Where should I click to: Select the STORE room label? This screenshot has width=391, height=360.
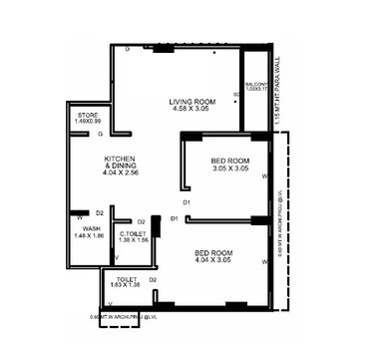(88, 116)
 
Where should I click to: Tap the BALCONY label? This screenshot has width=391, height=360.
(256, 86)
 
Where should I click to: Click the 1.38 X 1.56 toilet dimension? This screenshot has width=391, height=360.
(134, 240)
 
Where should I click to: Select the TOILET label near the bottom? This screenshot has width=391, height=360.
(126, 279)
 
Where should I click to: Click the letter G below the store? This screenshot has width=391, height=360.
(100, 133)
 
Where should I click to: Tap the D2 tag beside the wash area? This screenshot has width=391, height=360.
(100, 213)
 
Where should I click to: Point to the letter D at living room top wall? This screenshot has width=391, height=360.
(128, 48)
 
